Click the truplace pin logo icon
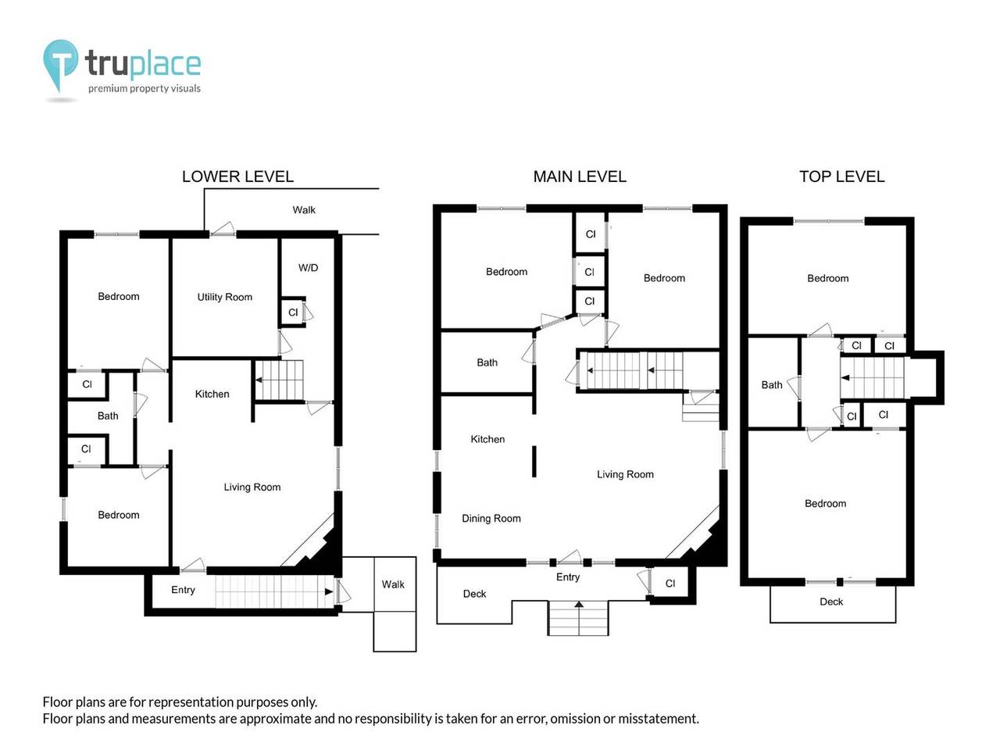(60, 64)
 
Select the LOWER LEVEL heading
(237, 177)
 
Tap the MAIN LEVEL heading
(579, 177)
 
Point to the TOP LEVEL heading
(841, 177)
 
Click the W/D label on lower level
(308, 268)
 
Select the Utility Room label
(224, 297)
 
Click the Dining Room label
(491, 519)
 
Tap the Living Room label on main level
(625, 474)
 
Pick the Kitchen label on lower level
(212, 395)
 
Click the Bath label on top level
(771, 385)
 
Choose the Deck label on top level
(831, 602)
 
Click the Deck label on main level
(474, 594)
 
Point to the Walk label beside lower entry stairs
(393, 584)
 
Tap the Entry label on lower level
(183, 590)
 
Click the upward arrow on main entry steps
(578, 605)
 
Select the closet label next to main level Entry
(670, 584)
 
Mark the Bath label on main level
(487, 362)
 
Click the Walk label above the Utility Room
(304, 209)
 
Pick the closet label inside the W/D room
(293, 312)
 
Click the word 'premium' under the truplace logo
(108, 89)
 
